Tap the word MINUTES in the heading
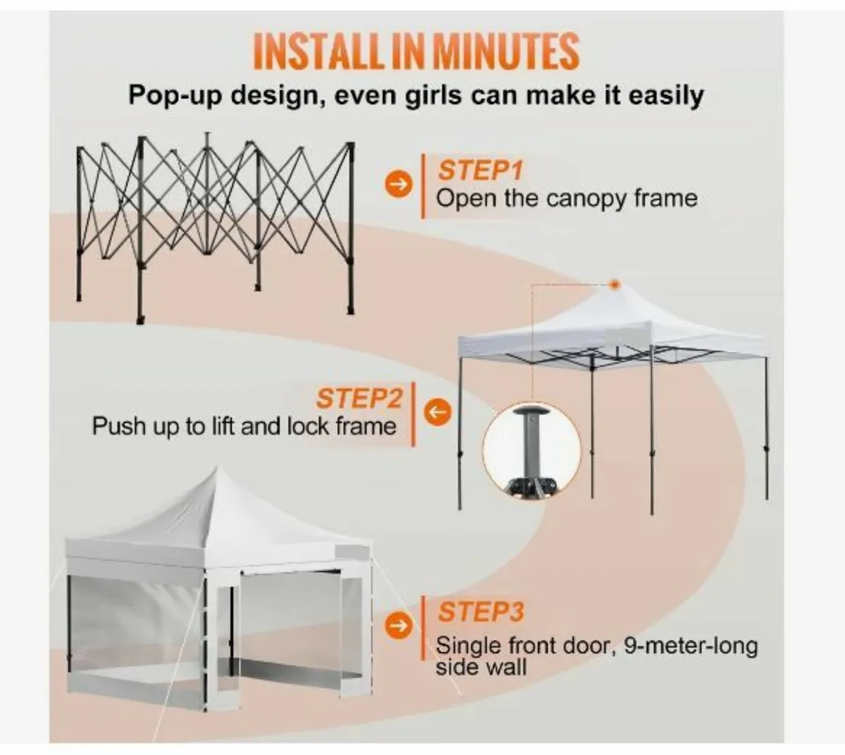point(505,51)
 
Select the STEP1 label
point(481,170)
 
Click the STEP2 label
point(358,398)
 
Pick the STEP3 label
point(481,611)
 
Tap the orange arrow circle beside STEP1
point(399,185)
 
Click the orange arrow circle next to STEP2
point(439,412)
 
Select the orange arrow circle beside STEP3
point(399,626)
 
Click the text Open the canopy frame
point(567,198)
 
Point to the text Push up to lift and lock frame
point(244,426)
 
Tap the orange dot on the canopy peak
point(615,284)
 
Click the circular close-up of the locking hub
point(532,450)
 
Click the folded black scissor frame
point(215,225)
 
